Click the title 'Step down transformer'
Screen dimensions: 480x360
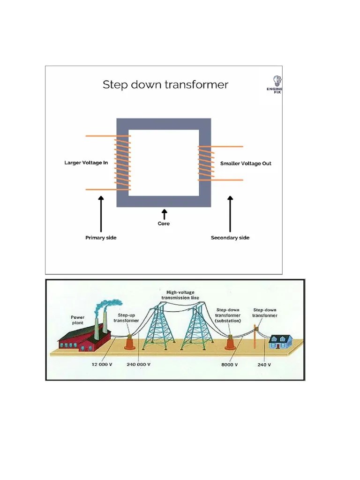click(165, 85)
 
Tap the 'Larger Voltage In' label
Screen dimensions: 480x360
click(86, 163)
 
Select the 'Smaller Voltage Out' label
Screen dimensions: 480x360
click(246, 164)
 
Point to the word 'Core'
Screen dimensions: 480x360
click(164, 224)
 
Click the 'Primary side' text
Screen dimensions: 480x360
click(101, 238)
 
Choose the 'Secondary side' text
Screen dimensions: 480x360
click(230, 238)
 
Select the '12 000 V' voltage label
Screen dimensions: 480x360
click(99, 364)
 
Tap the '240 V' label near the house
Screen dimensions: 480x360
click(264, 364)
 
